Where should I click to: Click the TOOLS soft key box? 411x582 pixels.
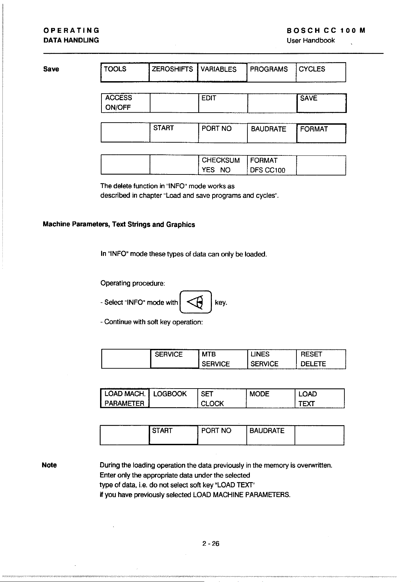125,72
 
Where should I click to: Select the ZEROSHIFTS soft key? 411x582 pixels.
173,72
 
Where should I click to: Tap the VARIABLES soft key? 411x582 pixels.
222,72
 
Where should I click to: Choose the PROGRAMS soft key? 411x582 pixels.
271,72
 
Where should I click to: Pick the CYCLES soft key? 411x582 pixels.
321,72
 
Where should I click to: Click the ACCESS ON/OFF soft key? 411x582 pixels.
125,103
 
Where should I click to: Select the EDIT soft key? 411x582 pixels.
223,103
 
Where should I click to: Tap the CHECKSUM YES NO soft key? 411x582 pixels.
223,165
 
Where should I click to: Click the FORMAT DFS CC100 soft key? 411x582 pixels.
272,165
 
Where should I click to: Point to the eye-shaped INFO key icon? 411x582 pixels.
195,302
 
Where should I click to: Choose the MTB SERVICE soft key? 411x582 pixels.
223,359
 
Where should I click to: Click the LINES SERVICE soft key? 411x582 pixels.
272,359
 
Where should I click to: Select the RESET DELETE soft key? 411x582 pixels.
321,359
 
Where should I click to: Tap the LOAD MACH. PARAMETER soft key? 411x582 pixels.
125,398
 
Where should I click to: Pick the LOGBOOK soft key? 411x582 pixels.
173,398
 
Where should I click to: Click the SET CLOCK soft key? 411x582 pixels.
222,398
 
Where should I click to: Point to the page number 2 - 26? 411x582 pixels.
211,544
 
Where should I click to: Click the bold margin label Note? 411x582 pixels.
49,465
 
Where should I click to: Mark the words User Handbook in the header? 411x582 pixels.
311,40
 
